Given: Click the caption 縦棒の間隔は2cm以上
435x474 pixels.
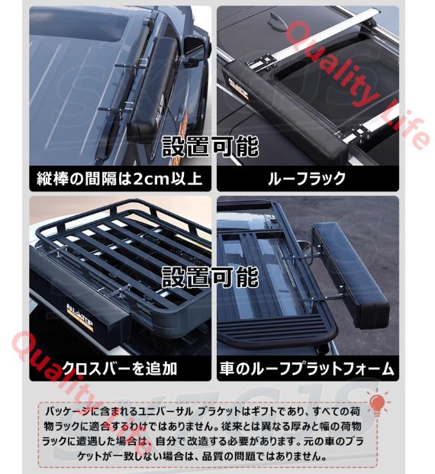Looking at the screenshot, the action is [x=119, y=179].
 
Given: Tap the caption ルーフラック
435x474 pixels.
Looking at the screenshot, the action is [x=307, y=179].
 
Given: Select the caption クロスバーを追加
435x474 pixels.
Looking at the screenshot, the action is [x=119, y=368].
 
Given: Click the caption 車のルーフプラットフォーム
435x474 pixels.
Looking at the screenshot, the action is [x=307, y=369].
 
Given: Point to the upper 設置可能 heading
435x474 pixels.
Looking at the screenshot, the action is [x=211, y=147].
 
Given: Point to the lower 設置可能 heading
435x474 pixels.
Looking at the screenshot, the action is [x=211, y=277].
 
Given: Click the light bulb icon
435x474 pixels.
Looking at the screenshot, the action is [x=377, y=404].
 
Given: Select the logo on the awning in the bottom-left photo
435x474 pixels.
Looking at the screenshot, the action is [x=80, y=318].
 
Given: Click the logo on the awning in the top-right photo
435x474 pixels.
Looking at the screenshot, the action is [x=239, y=89].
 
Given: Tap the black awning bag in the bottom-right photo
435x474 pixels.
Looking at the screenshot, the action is [x=350, y=276].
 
